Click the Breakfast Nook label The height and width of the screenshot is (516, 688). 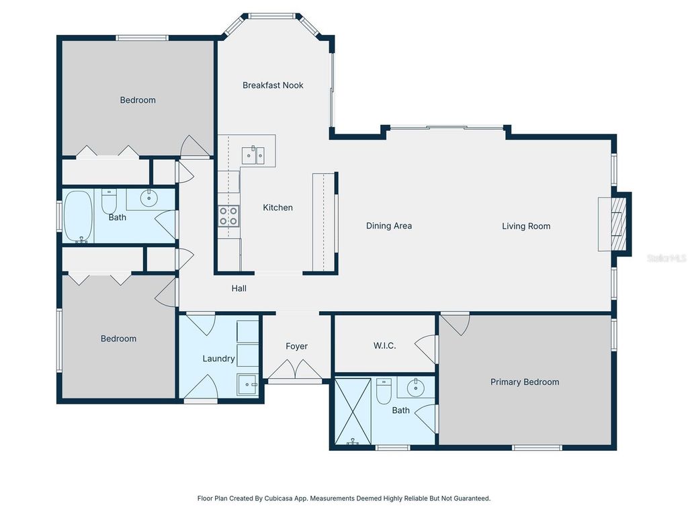(x=273, y=85)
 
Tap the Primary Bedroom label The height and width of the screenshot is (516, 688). (x=524, y=382)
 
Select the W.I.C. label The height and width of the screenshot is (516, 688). (x=384, y=346)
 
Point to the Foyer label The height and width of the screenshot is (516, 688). (x=296, y=346)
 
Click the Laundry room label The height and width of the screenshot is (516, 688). (x=218, y=359)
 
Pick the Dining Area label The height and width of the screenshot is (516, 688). (x=388, y=226)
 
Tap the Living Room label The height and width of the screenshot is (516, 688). (x=526, y=226)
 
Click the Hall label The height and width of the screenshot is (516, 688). (x=239, y=288)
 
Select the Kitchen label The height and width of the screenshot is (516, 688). (x=277, y=208)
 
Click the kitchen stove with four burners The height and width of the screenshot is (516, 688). (x=228, y=215)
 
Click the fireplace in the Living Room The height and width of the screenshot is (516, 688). (x=615, y=224)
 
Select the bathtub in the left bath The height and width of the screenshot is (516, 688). (x=79, y=216)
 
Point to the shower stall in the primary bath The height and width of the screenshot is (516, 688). (x=353, y=411)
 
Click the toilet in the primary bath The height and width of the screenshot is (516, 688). (x=384, y=390)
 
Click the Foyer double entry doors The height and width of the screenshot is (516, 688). (x=295, y=370)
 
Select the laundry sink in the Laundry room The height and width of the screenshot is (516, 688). (x=247, y=385)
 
